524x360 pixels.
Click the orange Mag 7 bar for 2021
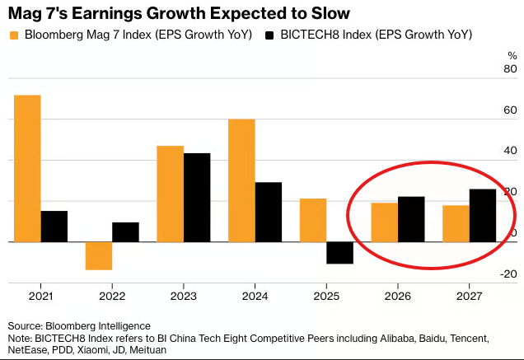click(x=27, y=168)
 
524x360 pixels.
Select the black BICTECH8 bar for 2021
click(x=54, y=227)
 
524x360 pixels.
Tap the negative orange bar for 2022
click(x=99, y=255)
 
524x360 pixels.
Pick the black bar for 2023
click(x=197, y=198)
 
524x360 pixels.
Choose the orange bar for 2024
click(x=241, y=180)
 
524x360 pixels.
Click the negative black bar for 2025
click(x=339, y=253)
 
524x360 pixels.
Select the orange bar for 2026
click(x=384, y=222)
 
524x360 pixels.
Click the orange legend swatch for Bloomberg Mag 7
click(x=14, y=35)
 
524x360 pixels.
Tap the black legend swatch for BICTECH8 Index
click(x=270, y=35)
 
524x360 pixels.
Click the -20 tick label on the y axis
click(x=508, y=274)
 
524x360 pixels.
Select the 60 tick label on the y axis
click(x=511, y=110)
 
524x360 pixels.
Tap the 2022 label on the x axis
click(x=112, y=294)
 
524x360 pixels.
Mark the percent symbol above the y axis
click(x=512, y=55)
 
